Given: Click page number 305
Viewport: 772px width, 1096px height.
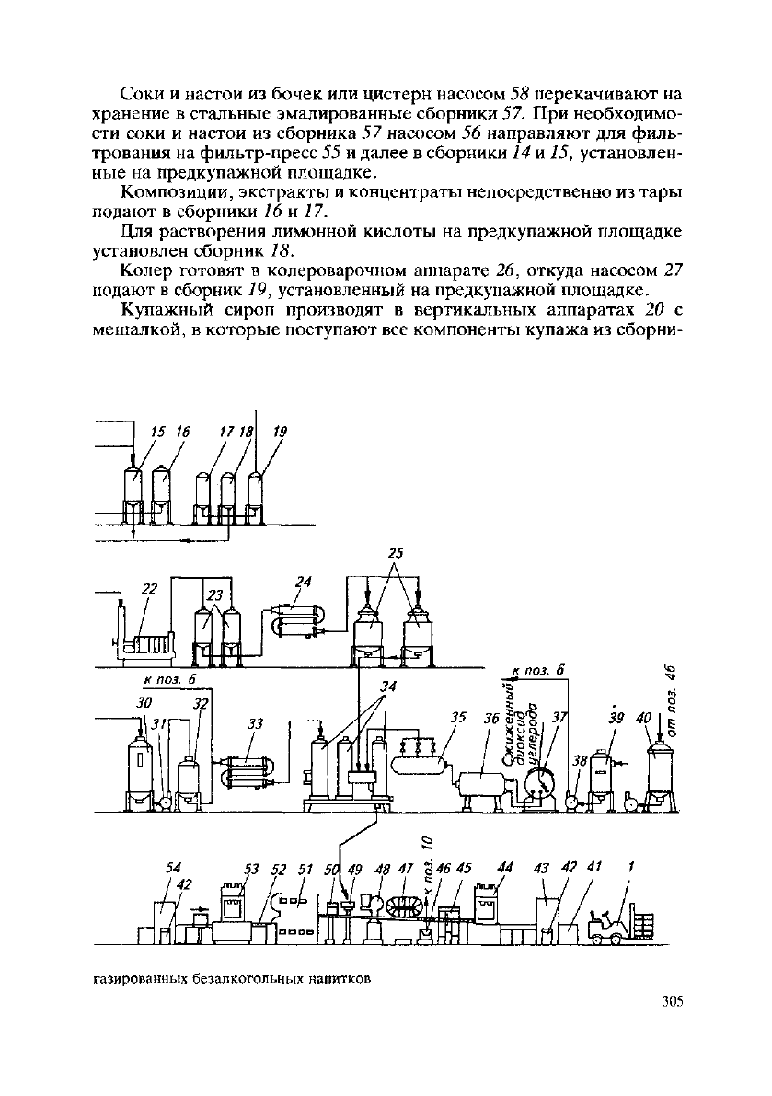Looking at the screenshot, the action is tap(671, 1001).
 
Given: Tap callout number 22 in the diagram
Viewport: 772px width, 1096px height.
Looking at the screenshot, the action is tap(149, 589).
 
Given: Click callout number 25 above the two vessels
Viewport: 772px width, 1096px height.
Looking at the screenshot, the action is tap(397, 554).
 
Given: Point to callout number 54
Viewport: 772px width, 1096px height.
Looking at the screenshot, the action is tap(173, 868).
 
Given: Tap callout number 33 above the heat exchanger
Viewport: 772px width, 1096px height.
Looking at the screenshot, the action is tap(256, 723).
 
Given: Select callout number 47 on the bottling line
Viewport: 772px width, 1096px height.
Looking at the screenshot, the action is tap(406, 868).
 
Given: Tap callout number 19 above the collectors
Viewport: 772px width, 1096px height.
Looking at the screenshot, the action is tap(280, 432).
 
